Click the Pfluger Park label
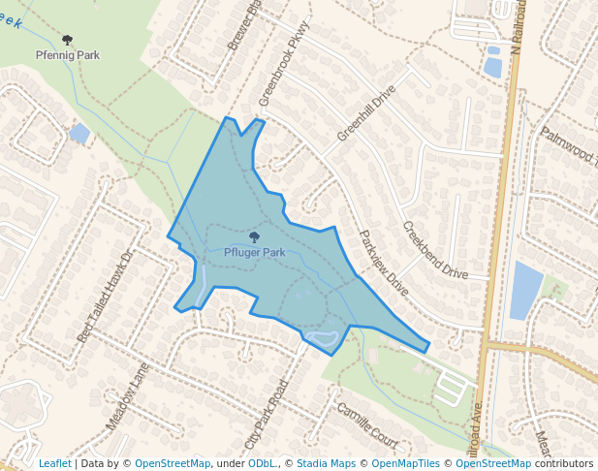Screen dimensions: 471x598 254,252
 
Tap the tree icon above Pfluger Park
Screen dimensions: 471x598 254,236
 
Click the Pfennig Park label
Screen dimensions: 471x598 67,55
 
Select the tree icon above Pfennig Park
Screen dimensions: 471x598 67,40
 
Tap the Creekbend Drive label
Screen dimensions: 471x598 435,250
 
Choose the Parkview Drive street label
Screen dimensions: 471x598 385,263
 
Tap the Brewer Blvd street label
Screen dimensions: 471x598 245,26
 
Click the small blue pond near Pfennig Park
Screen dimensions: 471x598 79,132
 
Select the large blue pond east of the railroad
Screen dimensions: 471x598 526,290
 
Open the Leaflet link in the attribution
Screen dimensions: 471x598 54,463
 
